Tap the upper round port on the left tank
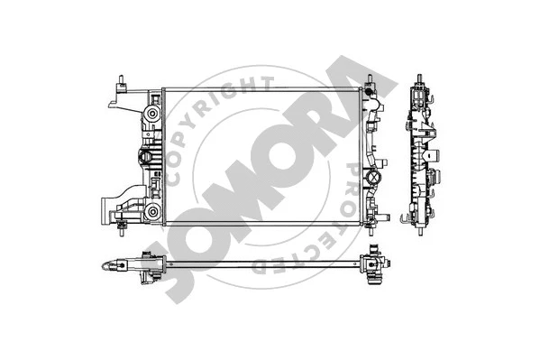pos(150,116)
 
